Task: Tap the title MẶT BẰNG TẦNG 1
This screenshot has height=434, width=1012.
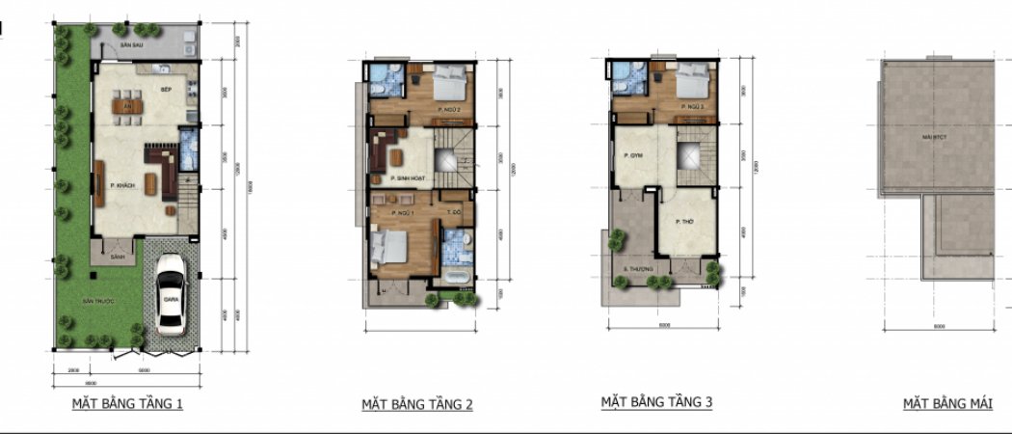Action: click(127, 403)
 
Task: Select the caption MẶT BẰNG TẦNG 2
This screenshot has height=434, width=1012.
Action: click(416, 404)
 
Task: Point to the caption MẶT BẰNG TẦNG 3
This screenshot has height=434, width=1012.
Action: click(656, 401)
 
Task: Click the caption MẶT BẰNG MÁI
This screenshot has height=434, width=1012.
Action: click(947, 403)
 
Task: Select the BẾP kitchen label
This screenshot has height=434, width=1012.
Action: click(166, 88)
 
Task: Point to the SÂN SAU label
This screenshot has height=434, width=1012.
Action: click(131, 45)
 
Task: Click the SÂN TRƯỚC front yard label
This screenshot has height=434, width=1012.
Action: click(98, 302)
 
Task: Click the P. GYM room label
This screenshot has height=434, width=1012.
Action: click(632, 155)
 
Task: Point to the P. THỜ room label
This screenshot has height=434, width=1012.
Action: click(685, 222)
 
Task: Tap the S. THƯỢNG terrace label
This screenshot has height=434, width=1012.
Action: click(639, 268)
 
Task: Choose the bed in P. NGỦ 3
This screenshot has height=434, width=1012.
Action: click(691, 85)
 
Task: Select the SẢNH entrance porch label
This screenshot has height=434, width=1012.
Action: click(119, 258)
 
